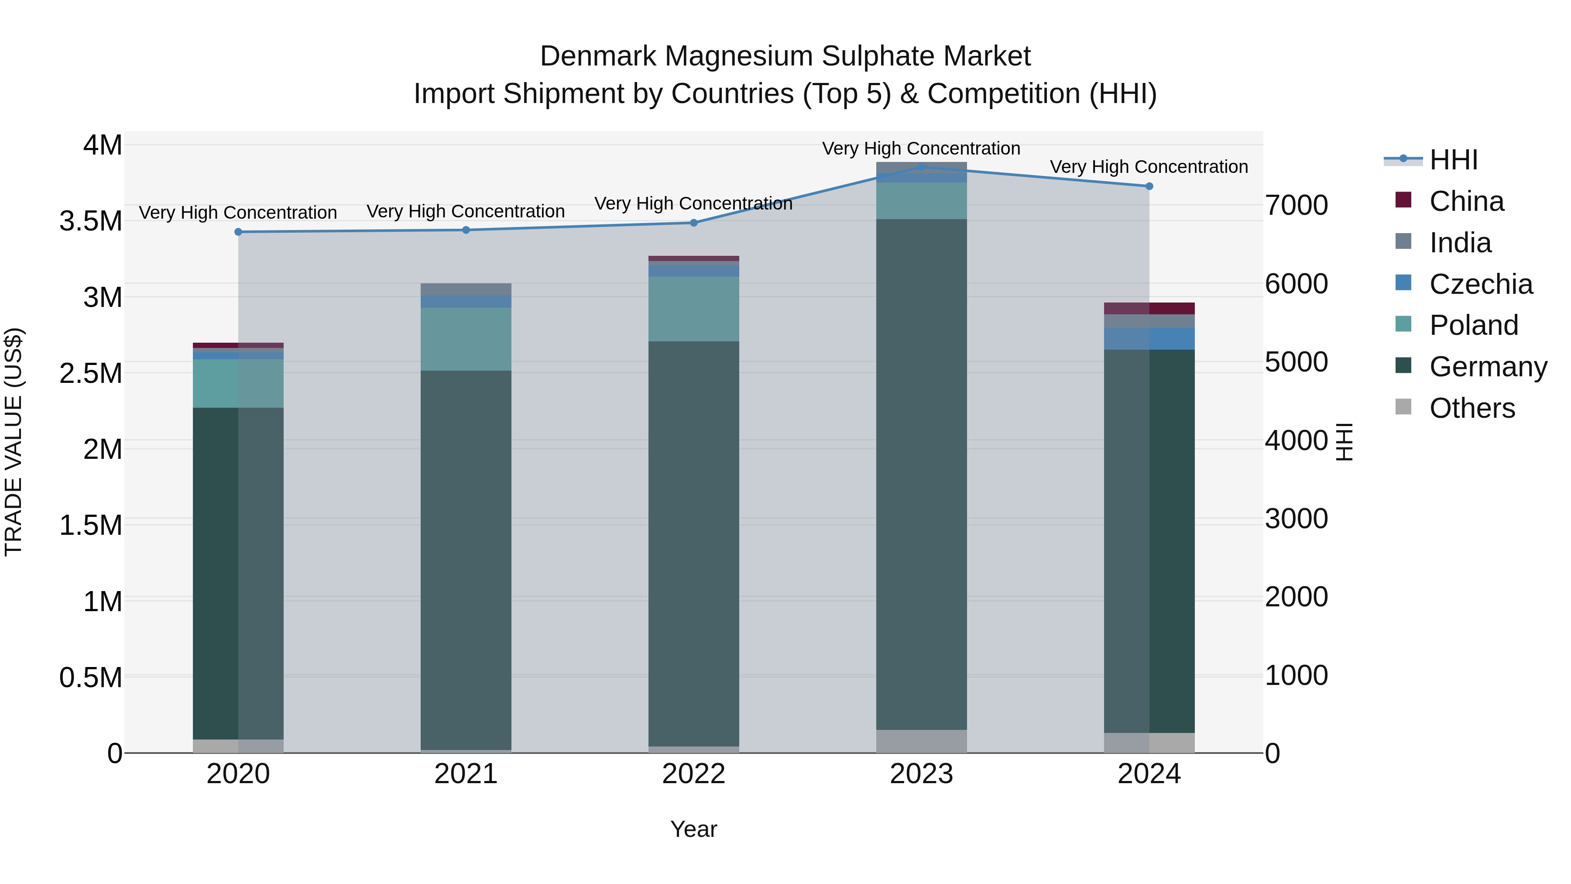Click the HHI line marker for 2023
click(922, 167)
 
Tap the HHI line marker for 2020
click(238, 232)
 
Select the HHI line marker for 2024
click(1149, 186)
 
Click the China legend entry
click(1466, 201)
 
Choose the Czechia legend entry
click(1480, 284)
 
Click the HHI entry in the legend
click(1453, 160)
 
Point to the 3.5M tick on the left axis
click(91, 221)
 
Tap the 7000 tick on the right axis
click(1296, 205)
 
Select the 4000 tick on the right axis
click(1296, 440)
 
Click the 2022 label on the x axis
click(693, 774)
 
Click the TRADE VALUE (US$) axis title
click(14, 442)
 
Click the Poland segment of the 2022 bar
click(693, 309)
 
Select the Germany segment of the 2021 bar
click(466, 560)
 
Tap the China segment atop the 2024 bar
click(1149, 308)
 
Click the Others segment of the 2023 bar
click(922, 741)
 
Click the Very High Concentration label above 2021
click(466, 212)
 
